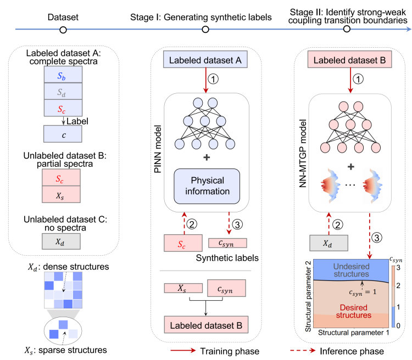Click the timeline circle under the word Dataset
pos(63,30)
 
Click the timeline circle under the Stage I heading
pos(205,30)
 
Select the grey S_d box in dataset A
pos(63,91)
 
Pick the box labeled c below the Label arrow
pos(63,133)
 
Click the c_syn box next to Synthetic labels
pos(227,241)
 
